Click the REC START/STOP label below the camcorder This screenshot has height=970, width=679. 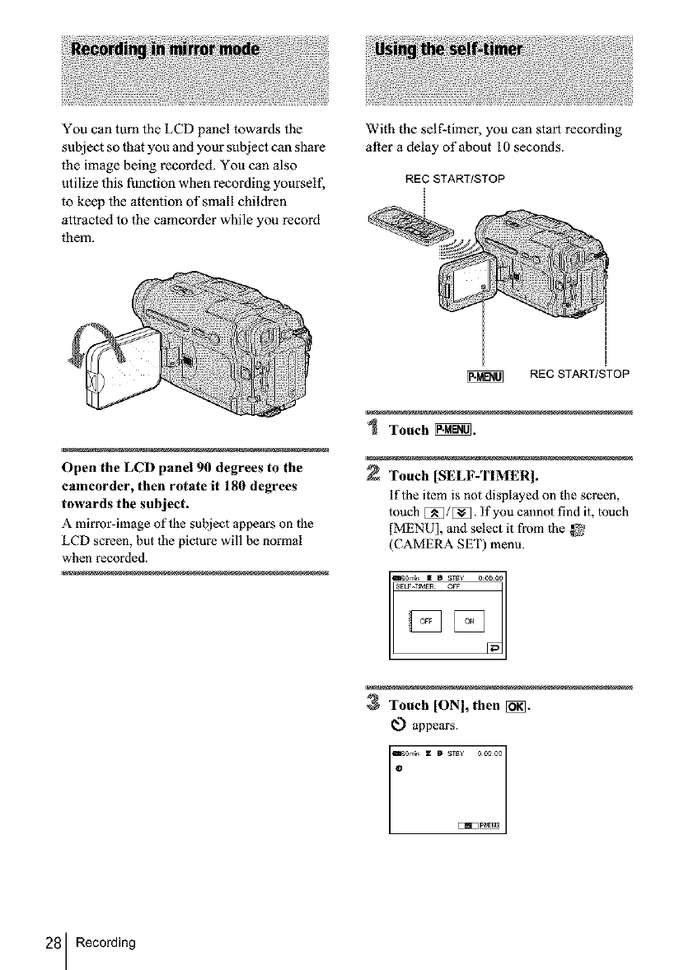point(580,375)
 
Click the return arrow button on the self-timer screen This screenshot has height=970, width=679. point(493,646)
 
